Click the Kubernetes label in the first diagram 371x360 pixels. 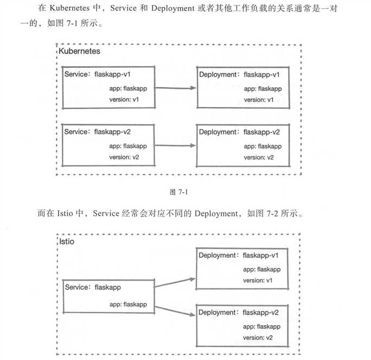click(x=79, y=51)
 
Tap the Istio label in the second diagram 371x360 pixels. click(x=66, y=241)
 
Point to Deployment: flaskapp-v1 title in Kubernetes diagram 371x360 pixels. click(x=239, y=74)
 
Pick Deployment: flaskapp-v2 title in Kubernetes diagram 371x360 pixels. click(x=239, y=132)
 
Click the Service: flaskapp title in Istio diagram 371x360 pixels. click(x=93, y=287)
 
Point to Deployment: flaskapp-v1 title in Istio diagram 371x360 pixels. click(x=239, y=255)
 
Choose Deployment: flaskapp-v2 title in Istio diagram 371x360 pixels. click(x=239, y=312)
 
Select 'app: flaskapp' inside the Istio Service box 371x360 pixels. click(x=128, y=305)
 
